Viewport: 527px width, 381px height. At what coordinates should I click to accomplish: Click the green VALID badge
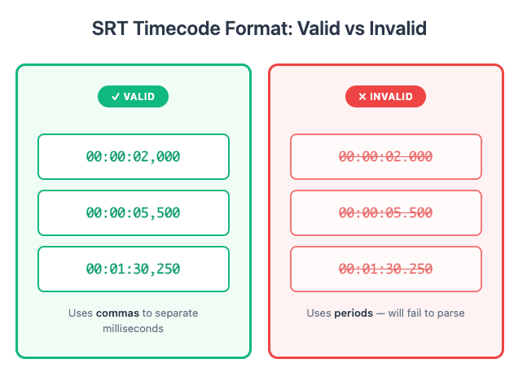[x=133, y=97]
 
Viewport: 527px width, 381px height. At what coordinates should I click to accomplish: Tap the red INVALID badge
[x=385, y=97]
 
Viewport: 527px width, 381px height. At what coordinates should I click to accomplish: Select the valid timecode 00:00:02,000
[x=134, y=156]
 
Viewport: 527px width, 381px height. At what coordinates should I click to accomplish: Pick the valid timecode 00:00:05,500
[x=134, y=212]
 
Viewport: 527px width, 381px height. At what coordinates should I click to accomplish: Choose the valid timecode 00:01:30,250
[x=134, y=269]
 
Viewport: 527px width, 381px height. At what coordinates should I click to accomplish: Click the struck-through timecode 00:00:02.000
[x=385, y=156]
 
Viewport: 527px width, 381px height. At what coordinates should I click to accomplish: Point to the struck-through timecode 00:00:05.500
[x=385, y=212]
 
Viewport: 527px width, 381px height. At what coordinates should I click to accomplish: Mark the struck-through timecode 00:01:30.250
[x=385, y=269]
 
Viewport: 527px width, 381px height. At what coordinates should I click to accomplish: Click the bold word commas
[x=116, y=313]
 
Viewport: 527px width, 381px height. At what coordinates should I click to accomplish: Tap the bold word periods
[x=354, y=313]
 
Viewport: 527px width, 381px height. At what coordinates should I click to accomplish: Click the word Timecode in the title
[x=169, y=29]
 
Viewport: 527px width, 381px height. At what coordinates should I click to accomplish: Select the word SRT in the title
[x=111, y=29]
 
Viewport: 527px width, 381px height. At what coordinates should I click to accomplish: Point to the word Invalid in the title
[x=400, y=29]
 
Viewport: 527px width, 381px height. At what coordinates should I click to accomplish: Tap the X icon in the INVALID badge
[x=362, y=97]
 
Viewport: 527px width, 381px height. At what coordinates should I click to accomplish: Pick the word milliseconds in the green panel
[x=134, y=328]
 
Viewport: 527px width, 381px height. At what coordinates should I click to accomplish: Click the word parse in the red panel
[x=450, y=313]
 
